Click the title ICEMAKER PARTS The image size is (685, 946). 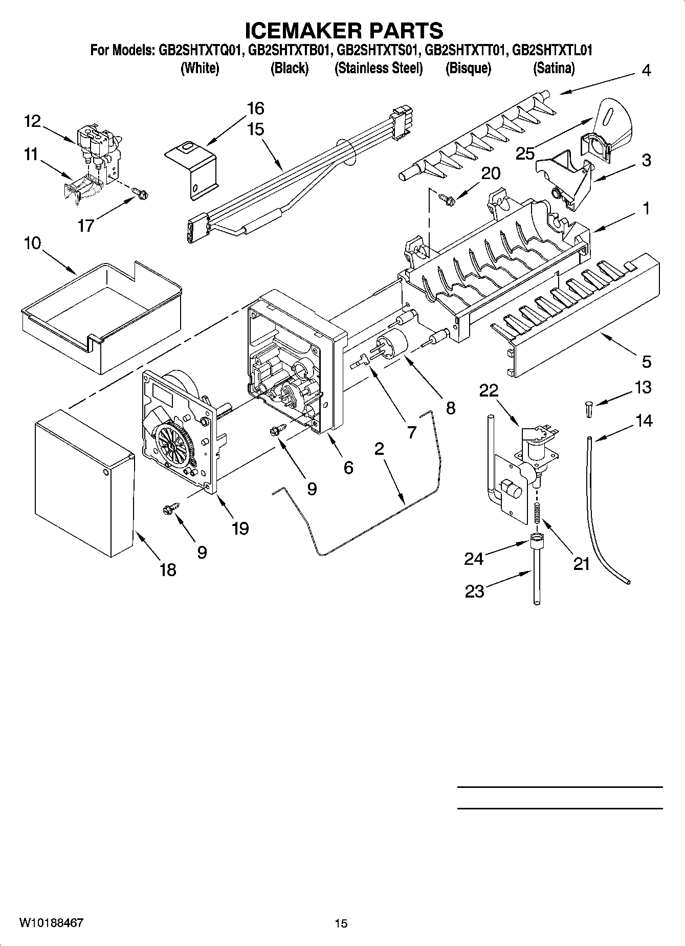tap(344, 31)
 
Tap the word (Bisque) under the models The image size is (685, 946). tap(468, 68)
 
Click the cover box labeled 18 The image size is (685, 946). tap(82, 481)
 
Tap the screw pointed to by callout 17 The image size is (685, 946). tap(139, 194)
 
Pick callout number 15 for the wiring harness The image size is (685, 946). tap(255, 129)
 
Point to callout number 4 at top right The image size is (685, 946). tap(646, 70)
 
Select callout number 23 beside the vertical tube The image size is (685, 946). tap(474, 591)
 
